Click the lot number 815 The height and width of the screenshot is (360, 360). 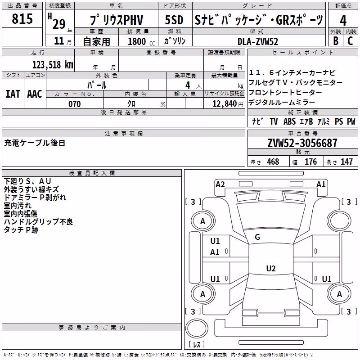click(22, 18)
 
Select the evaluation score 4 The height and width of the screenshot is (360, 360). click(343, 20)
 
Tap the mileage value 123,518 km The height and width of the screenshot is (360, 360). click(53, 65)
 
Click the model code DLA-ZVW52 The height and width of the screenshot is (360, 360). click(258, 41)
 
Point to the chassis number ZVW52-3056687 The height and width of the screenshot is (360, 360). click(302, 143)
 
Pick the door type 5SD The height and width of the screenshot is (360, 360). click(174, 20)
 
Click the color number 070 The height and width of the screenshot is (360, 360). click(75, 104)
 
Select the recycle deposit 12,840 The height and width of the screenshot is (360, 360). click(225, 104)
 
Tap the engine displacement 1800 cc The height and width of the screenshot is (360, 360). click(141, 41)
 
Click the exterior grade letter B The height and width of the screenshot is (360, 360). click(336, 41)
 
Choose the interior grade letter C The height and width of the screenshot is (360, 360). click(350, 41)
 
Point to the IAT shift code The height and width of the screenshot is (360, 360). click(13, 94)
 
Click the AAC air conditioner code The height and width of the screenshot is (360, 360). click(35, 94)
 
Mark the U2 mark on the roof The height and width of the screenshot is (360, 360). click(271, 268)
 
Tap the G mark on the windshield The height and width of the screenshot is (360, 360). click(257, 237)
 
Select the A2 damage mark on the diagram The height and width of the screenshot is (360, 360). click(220, 184)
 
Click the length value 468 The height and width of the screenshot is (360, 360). click(273, 162)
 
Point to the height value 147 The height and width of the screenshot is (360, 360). click(346, 162)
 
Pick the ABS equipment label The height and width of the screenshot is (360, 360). click(289, 121)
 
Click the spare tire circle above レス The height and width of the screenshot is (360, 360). click(197, 328)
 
